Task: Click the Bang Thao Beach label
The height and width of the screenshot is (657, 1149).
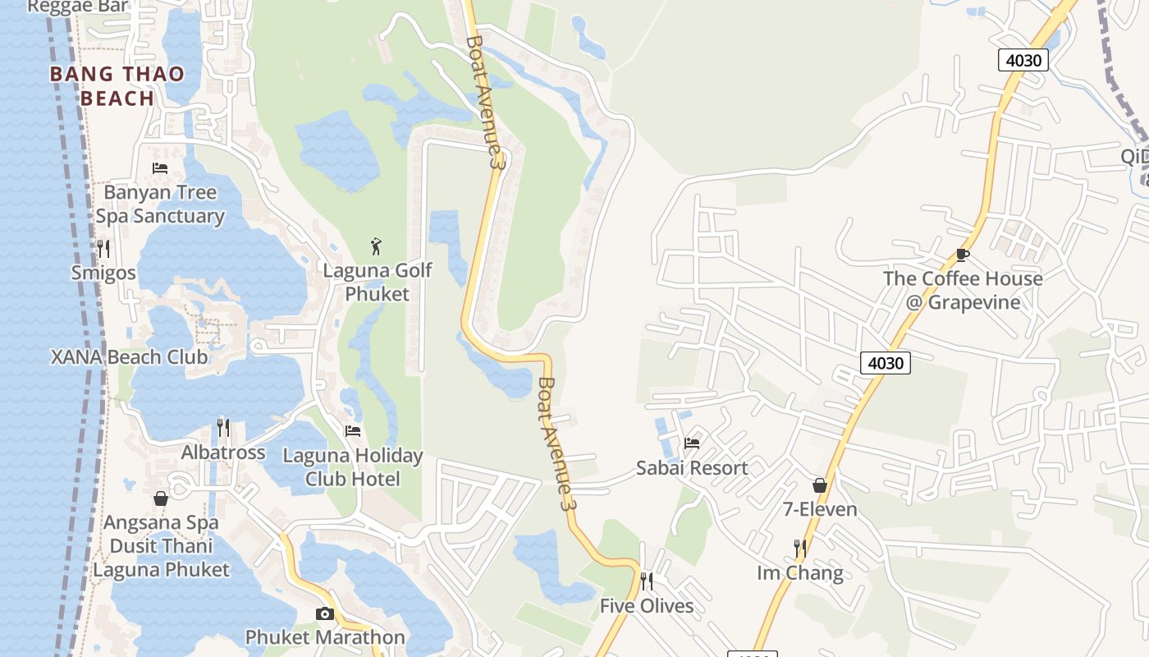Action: click(117, 85)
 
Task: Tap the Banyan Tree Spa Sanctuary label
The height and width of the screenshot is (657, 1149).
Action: click(160, 204)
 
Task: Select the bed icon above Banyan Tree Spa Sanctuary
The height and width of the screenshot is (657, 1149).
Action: click(160, 168)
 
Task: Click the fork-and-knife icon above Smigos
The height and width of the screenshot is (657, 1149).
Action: click(103, 248)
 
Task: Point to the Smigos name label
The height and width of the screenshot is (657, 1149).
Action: click(103, 273)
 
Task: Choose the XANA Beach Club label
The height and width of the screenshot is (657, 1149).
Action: click(129, 357)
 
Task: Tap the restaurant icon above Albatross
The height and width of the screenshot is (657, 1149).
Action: click(222, 427)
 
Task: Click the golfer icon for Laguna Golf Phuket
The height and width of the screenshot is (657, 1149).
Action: click(376, 246)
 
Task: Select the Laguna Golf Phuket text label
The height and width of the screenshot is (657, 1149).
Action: click(377, 282)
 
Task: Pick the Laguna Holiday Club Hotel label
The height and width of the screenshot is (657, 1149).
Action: click(353, 466)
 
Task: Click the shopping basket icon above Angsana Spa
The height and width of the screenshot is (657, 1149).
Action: click(160, 498)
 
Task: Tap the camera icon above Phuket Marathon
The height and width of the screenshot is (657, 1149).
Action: click(325, 613)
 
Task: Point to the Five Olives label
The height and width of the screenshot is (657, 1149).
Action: click(647, 606)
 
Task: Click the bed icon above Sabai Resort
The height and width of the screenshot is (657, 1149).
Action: click(692, 443)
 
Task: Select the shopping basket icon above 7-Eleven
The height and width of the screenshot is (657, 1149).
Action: click(819, 485)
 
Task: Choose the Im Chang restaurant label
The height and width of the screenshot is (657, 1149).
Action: click(800, 572)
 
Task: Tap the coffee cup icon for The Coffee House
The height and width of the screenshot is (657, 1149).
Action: click(963, 255)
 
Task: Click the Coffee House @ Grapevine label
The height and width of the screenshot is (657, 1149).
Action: click(963, 290)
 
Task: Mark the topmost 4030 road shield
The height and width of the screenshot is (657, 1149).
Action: click(1023, 60)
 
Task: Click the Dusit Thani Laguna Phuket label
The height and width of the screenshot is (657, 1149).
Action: click(161, 558)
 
